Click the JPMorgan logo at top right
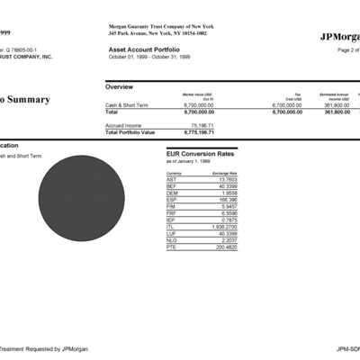click(x=338, y=37)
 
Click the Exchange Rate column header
click(x=225, y=172)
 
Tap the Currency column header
click(x=174, y=172)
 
